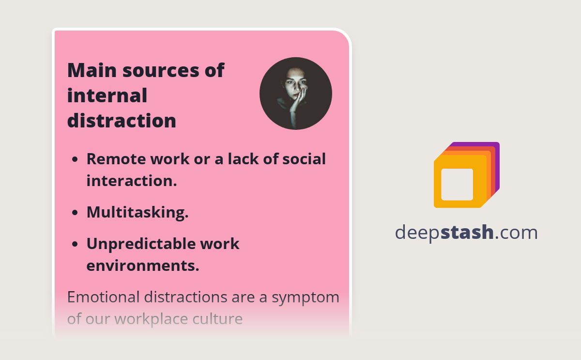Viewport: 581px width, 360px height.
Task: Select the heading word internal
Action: click(107, 95)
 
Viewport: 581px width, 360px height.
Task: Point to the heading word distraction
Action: click(122, 121)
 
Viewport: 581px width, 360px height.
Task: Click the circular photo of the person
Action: click(295, 94)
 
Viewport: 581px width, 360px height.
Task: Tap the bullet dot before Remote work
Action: click(75, 159)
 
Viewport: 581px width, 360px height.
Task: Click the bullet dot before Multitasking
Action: click(75, 213)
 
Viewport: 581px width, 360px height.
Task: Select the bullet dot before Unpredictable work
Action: click(75, 244)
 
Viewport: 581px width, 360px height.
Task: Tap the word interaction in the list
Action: click(131, 181)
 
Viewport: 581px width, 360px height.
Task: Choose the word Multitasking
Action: click(137, 213)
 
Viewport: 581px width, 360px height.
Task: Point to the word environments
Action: click(142, 266)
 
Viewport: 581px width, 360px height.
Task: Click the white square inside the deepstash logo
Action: click(457, 184)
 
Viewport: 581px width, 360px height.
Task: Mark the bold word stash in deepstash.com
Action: click(467, 233)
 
